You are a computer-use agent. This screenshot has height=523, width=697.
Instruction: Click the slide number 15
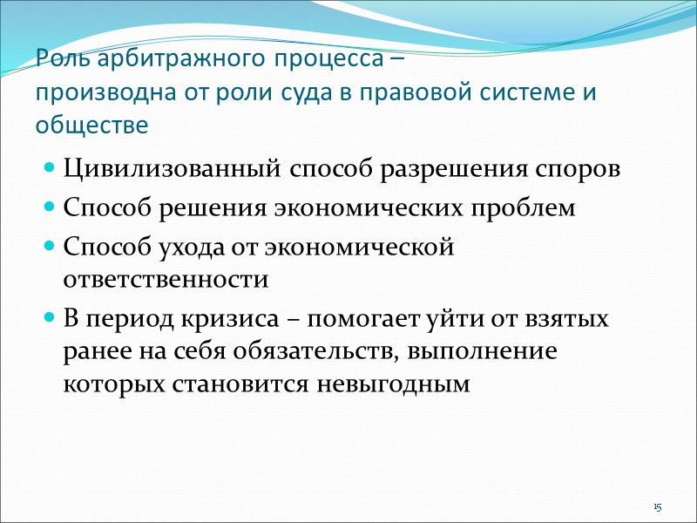point(658,507)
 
